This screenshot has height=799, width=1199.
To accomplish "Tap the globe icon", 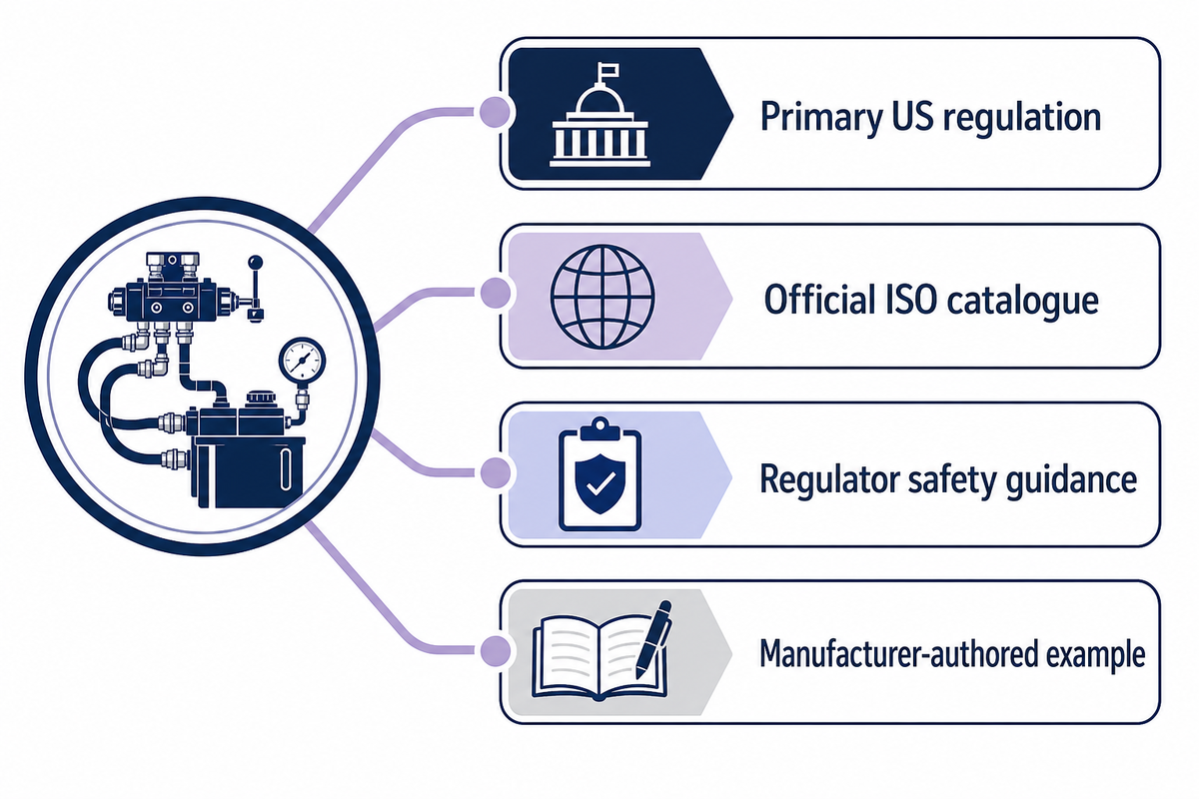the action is tap(602, 297).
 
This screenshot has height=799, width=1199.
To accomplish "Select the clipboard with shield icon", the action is tap(600, 474).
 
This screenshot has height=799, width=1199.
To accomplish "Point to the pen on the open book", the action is tap(654, 639).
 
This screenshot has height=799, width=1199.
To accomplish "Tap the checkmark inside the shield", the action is tap(600, 483).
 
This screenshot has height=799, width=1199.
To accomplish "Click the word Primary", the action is tap(821, 118).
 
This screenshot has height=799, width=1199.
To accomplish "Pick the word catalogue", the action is tap(1022, 301).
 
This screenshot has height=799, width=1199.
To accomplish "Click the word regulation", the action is tap(1021, 118).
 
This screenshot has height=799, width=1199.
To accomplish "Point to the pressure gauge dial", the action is tap(302, 360).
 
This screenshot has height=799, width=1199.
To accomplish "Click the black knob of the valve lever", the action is tap(256, 263).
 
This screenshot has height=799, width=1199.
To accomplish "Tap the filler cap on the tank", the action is tap(261, 399).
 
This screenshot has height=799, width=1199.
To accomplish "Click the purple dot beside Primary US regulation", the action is tap(495, 113).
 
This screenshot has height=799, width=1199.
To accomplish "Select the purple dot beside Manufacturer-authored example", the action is tap(495, 651).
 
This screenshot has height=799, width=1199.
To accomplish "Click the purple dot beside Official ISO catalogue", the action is tap(495, 293).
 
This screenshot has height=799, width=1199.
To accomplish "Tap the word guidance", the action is tap(1071, 480).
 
